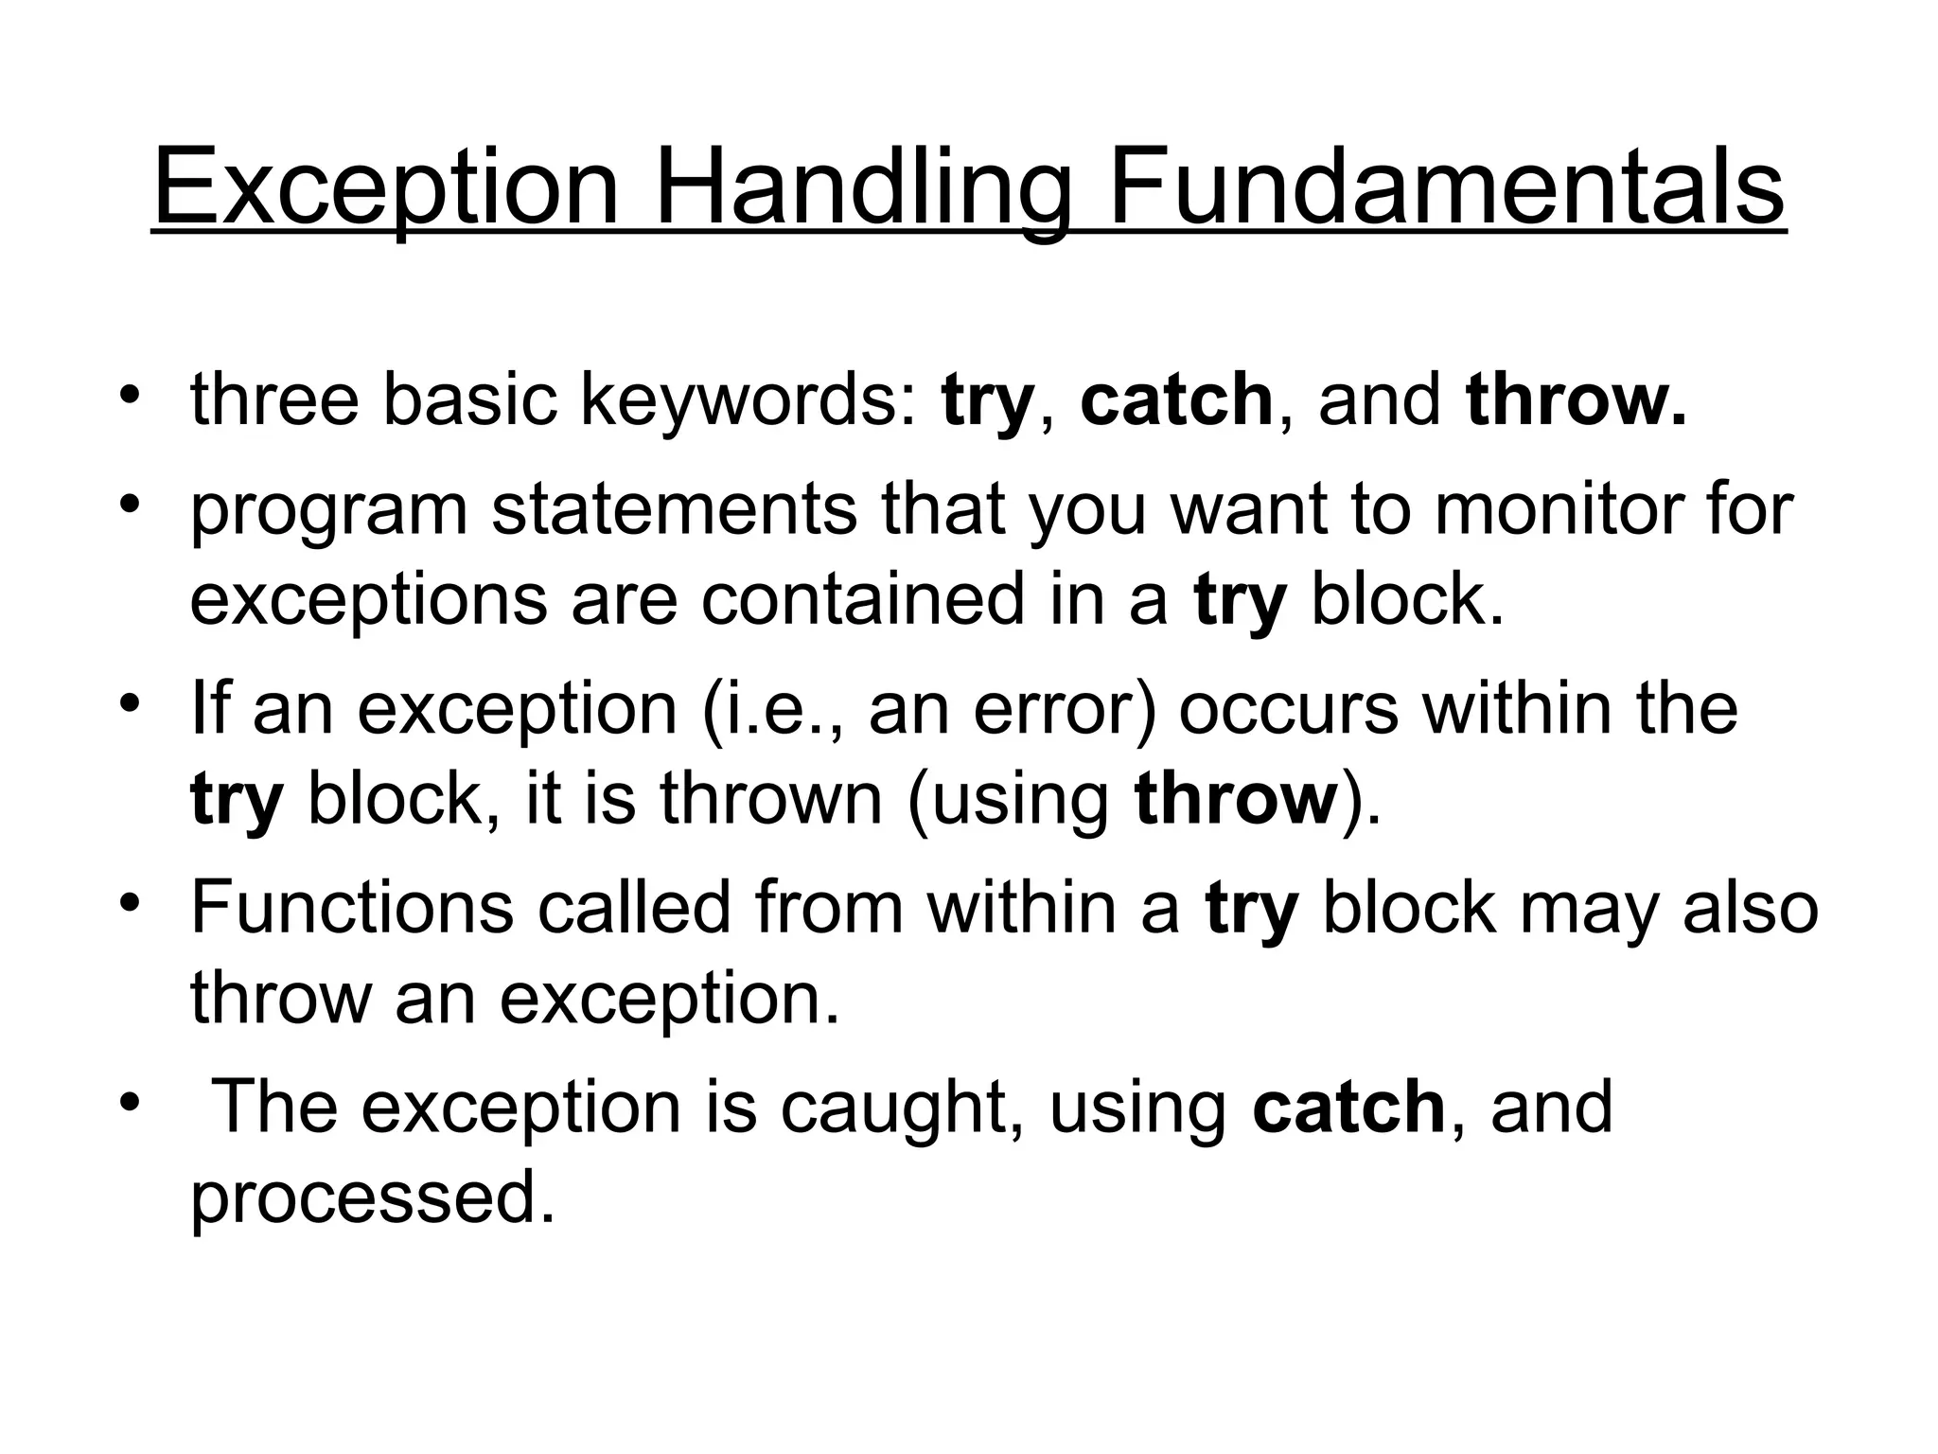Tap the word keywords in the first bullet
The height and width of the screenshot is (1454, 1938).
point(748,400)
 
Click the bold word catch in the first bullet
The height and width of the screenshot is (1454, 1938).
point(1176,400)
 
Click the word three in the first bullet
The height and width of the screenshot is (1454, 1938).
point(274,400)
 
